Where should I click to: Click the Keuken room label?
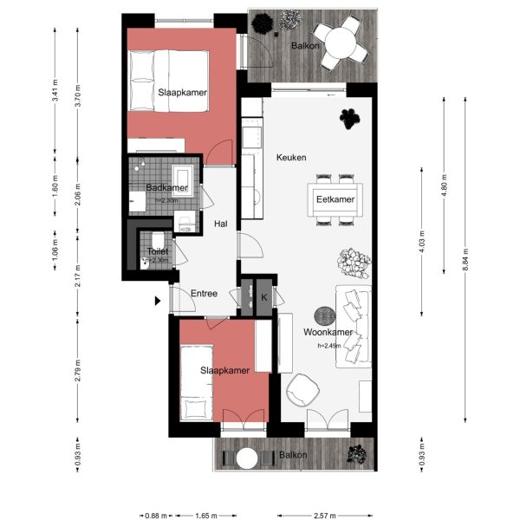pos(291,157)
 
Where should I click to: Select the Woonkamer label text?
pos(327,332)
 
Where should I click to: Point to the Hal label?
pos(221,224)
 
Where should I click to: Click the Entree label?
pos(204,293)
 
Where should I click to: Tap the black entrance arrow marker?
pos(157,301)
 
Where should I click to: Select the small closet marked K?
pos(263,297)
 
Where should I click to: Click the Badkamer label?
pos(167,188)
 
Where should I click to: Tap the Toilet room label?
pos(158,251)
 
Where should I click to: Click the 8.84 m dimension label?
pos(465,260)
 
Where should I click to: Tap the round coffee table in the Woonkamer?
pos(323,316)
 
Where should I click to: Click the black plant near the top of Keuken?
pos(349,116)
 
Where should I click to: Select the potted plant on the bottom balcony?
pos(354,453)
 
